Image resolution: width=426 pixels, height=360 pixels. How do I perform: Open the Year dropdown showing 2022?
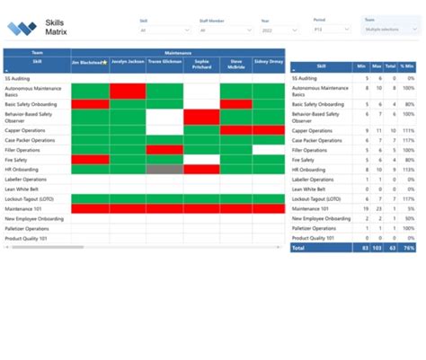[x=282, y=29]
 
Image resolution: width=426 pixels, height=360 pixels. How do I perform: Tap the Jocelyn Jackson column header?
[x=128, y=62]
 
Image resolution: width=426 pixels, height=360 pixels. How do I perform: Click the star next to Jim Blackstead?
[x=105, y=62]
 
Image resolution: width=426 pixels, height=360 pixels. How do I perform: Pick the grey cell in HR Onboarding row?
[x=164, y=169]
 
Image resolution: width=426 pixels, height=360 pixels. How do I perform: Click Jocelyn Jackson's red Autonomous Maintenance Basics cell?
[x=128, y=91]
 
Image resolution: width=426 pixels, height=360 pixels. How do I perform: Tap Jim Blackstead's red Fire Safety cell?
[x=90, y=159]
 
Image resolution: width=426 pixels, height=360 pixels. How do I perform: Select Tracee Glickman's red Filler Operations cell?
[x=164, y=149]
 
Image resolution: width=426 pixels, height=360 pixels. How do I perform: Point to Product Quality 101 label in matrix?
[x=27, y=238]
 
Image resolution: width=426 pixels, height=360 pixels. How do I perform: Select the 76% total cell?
[x=408, y=248]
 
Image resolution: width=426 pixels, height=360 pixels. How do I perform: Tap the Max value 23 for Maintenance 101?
[x=376, y=208]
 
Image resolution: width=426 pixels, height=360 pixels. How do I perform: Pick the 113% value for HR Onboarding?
[x=408, y=169]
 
